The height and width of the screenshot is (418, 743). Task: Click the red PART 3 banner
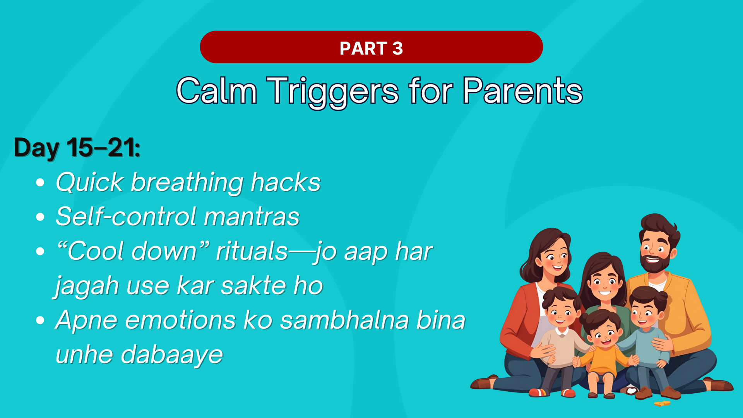371,47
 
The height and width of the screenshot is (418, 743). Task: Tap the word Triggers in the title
332,92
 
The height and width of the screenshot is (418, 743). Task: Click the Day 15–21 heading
77,148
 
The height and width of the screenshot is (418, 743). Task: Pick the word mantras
252,216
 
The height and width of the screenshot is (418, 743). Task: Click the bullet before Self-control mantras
40,217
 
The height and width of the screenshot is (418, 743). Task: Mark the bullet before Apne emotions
40,320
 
